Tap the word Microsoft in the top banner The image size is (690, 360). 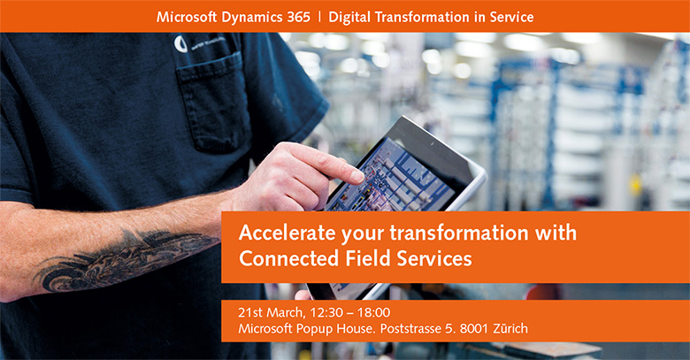point(187,17)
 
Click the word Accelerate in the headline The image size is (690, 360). point(287,233)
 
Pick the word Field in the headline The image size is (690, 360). point(368,258)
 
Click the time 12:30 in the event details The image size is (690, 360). point(326,312)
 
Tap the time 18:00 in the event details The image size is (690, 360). point(373,312)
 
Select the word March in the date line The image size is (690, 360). point(285,312)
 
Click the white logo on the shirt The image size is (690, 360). point(180,44)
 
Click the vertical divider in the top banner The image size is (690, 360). point(319,17)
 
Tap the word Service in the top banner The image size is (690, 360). point(512,17)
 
